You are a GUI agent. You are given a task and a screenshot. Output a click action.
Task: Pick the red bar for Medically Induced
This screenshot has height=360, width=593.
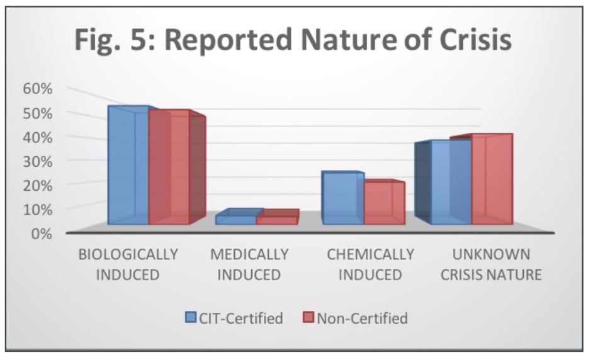[276, 219]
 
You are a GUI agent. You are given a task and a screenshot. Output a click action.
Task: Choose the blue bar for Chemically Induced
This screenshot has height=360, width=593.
[342, 198]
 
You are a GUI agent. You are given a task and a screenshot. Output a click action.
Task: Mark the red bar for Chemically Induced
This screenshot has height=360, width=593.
[383, 203]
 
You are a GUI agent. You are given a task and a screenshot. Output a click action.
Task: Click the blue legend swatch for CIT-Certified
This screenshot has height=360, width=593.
[191, 318]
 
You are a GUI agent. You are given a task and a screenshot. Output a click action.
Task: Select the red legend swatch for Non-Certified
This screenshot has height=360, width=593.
[308, 318]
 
